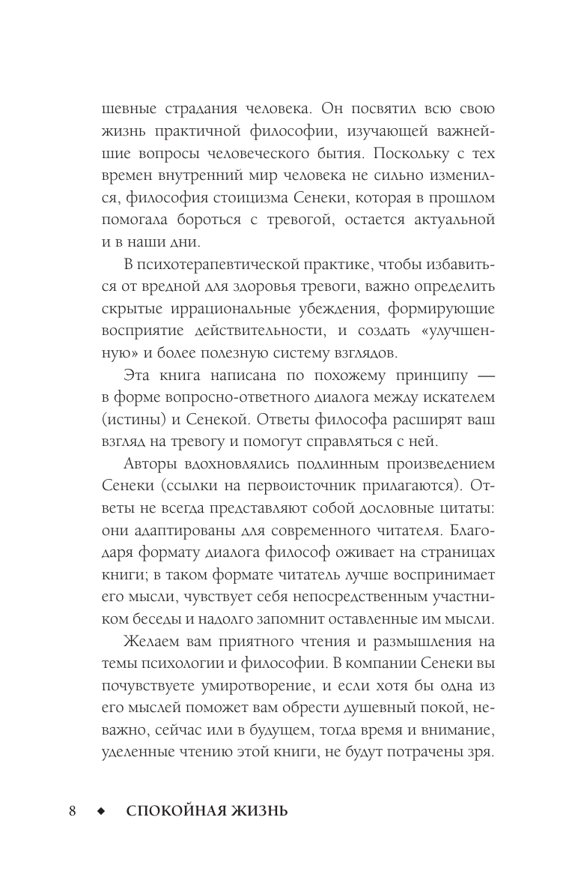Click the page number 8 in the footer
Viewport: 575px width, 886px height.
[73, 812]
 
